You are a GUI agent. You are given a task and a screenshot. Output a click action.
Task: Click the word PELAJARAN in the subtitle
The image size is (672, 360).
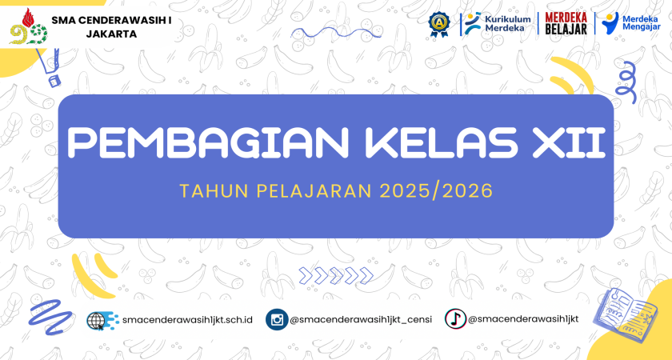(x=314, y=191)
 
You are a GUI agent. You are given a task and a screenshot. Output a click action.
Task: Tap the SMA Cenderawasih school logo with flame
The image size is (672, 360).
(x=28, y=26)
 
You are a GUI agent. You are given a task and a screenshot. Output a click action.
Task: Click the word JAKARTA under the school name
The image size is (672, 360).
(x=111, y=34)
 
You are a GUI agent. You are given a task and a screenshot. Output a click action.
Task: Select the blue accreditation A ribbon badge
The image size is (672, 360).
(x=439, y=23)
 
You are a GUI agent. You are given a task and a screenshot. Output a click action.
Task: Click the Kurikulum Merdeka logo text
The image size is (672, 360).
(x=507, y=23)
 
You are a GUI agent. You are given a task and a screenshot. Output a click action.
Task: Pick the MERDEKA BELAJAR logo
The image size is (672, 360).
(x=566, y=23)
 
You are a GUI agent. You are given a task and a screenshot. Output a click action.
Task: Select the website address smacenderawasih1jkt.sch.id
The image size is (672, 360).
(x=187, y=320)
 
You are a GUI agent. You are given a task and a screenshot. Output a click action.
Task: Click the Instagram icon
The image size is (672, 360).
(x=277, y=320)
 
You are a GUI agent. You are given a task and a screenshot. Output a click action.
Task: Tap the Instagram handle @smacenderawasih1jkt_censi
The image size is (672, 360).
(x=361, y=320)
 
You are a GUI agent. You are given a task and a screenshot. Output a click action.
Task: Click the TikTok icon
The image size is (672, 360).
(x=455, y=319)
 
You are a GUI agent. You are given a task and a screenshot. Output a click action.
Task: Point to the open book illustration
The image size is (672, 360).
(x=626, y=311)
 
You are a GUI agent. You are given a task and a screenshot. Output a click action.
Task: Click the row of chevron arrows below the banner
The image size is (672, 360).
(x=336, y=275)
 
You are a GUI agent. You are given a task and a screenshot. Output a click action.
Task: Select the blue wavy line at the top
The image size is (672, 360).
(x=336, y=33)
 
